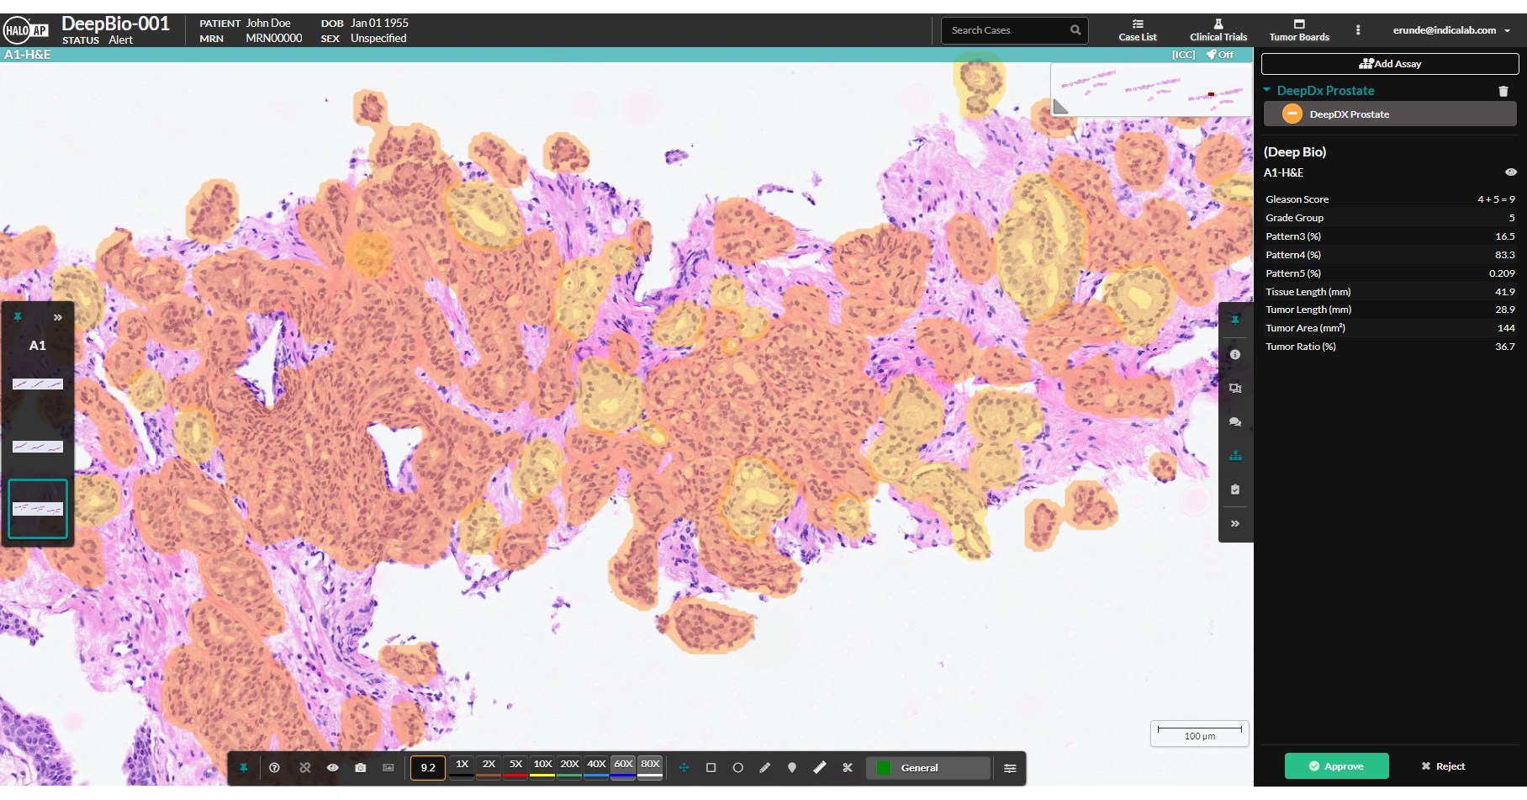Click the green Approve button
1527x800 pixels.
pos(1335,766)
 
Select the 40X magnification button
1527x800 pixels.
pos(596,765)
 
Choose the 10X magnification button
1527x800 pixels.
pos(542,765)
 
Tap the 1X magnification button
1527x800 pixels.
pos(462,765)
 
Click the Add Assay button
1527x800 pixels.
pos(1390,64)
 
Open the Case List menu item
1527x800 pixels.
pos(1138,30)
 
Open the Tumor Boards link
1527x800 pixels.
pos(1299,30)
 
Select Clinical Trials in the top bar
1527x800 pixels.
pos(1218,30)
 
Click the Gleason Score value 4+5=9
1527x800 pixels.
pos(1496,199)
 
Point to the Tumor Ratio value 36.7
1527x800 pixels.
pos(1504,347)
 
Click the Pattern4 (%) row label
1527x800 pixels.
pos(1293,255)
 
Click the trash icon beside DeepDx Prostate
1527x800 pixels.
pos(1503,91)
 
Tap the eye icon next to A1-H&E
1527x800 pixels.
pos(1510,172)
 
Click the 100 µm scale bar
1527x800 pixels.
pos(1199,732)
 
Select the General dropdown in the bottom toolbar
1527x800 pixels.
pos(927,768)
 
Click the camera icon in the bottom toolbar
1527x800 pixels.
pos(361,768)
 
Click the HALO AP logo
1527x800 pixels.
pos(26,31)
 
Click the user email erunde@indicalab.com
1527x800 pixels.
pos(1444,30)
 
